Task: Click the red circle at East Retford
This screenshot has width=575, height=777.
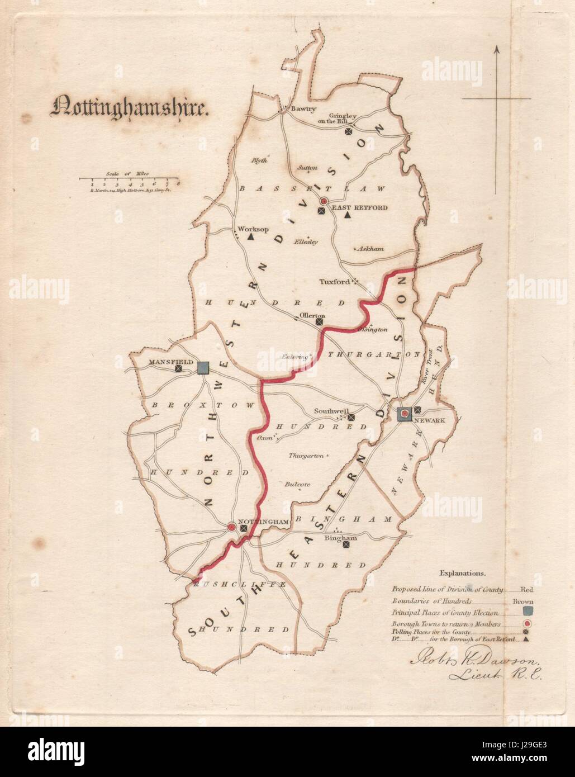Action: [x=323, y=201]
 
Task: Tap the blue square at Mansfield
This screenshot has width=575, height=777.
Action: [x=203, y=367]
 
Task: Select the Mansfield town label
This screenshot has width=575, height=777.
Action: [x=167, y=362]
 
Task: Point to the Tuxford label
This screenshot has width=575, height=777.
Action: [x=334, y=282]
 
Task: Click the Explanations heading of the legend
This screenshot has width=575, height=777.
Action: [x=462, y=573]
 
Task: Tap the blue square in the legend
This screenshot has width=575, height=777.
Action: [x=527, y=613]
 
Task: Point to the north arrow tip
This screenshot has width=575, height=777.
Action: [x=496, y=48]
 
